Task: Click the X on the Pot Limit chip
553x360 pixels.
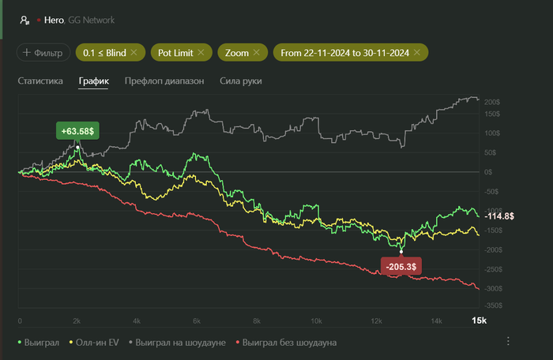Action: coord(201,53)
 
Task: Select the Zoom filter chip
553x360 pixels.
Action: coord(238,53)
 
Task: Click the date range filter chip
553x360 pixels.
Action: coord(344,53)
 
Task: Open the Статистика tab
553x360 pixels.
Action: coord(40,81)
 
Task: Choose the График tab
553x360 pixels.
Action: coord(93,81)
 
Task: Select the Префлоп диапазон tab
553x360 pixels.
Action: coord(164,81)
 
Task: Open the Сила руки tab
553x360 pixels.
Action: coord(240,81)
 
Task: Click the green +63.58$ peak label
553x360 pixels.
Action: coord(77,130)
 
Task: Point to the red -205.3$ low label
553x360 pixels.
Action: coord(401,266)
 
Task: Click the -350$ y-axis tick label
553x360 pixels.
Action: coord(492,305)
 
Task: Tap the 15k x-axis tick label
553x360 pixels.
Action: coord(479,321)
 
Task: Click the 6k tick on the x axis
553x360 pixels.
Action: coord(197,321)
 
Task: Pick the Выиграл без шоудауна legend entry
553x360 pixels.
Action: coord(286,343)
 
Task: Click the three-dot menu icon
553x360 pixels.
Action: coord(508,341)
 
